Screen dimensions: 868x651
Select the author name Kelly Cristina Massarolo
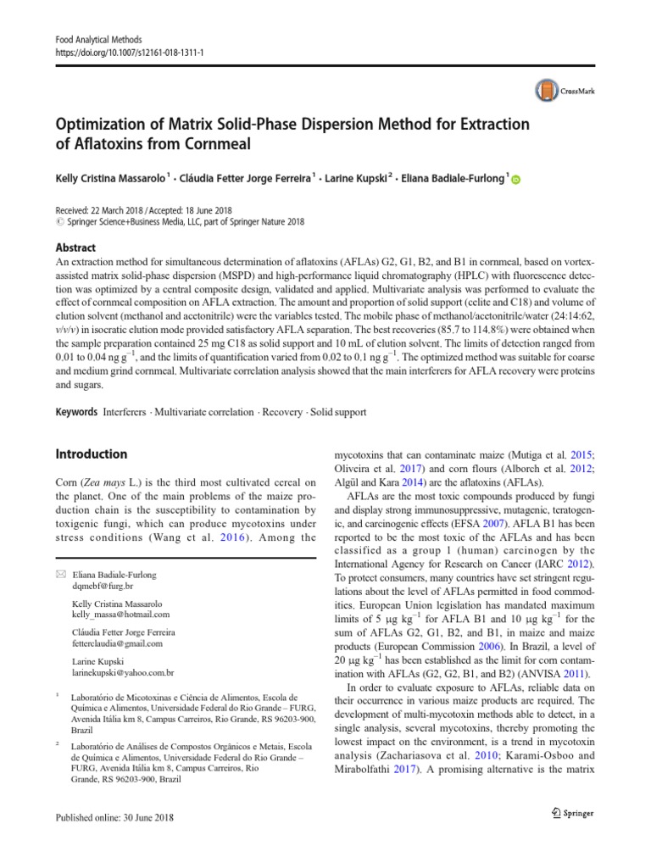click(x=109, y=177)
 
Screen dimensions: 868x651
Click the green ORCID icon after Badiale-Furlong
click(x=516, y=179)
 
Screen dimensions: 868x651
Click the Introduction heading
click(x=92, y=453)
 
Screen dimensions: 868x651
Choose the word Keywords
click(x=76, y=412)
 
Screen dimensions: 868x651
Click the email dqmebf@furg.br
click(x=103, y=586)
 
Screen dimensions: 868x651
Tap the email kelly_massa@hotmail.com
click(x=120, y=614)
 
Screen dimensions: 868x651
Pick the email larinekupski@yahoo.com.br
click(x=123, y=672)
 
